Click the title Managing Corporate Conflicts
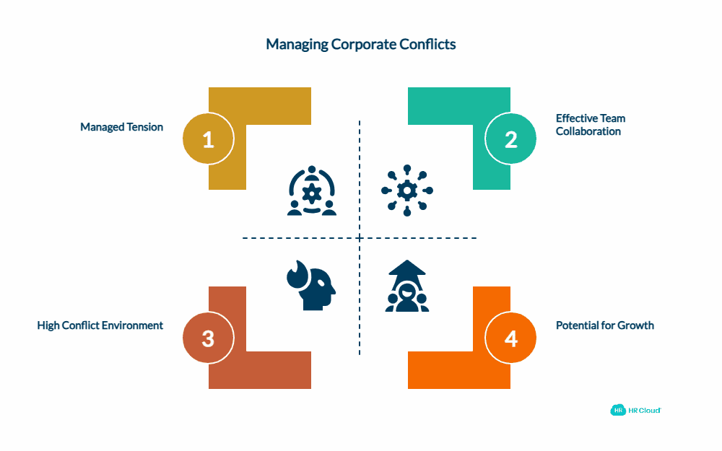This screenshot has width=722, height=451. tap(361, 45)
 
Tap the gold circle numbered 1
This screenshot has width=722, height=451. tap(208, 139)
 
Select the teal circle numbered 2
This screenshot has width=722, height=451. tap(510, 139)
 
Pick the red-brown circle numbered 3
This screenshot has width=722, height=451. tap(208, 338)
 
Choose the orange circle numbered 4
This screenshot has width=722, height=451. tap(510, 338)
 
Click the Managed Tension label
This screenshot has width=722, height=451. tap(121, 127)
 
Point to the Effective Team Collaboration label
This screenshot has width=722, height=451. tap(591, 125)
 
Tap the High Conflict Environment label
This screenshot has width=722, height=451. tap(100, 325)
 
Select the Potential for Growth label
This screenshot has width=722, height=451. tap(605, 325)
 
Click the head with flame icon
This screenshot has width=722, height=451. tap(312, 286)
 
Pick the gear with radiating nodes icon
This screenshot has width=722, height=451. tap(408, 191)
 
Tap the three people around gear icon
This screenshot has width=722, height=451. tap(312, 191)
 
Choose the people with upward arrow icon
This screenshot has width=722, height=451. tap(406, 286)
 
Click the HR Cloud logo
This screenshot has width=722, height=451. tap(635, 410)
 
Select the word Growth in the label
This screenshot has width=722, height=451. tap(636, 325)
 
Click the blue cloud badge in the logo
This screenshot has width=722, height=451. tap(618, 410)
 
